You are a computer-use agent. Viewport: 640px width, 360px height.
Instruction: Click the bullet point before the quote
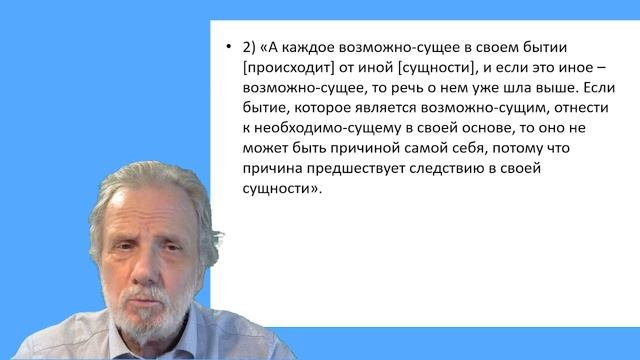[x=229, y=48]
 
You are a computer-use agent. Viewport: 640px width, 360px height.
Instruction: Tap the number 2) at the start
[x=249, y=48]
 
